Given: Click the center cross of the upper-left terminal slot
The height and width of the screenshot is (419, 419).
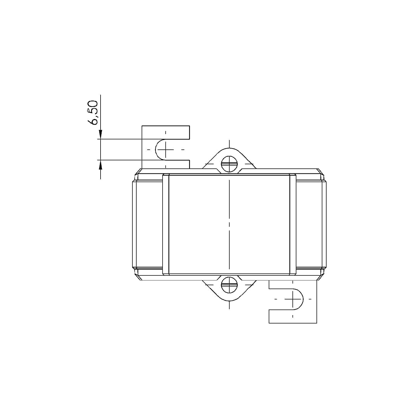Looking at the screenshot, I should tap(166, 149).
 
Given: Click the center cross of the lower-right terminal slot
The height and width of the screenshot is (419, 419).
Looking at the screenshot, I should tap(293, 299).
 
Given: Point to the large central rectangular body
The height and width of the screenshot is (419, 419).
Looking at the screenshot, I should tap(201, 223).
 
